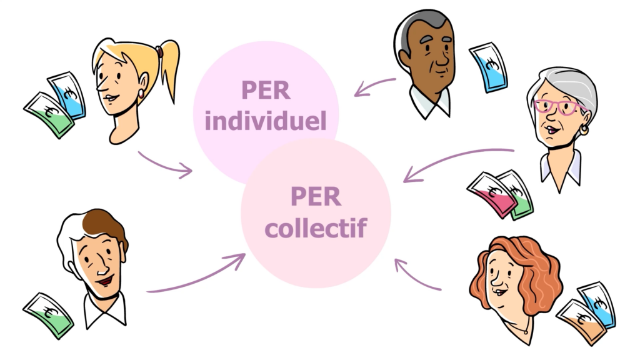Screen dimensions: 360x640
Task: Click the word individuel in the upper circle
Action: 266,121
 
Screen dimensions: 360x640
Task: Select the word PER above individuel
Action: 266,91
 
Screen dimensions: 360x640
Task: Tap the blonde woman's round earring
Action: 141,94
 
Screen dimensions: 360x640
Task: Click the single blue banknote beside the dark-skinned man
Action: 489,67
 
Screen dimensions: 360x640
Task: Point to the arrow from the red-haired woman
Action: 417,276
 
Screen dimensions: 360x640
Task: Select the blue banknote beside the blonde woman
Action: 68,94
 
